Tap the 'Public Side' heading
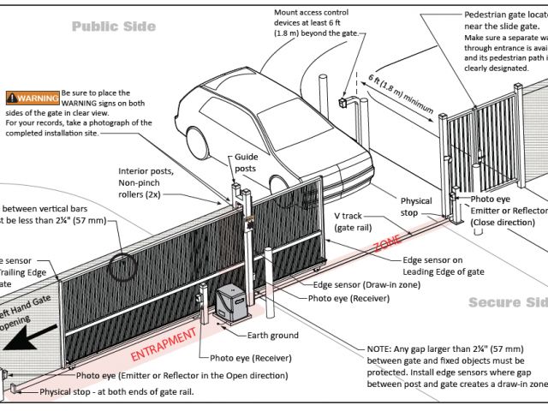click(113, 27)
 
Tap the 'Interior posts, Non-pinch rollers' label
click(148, 182)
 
